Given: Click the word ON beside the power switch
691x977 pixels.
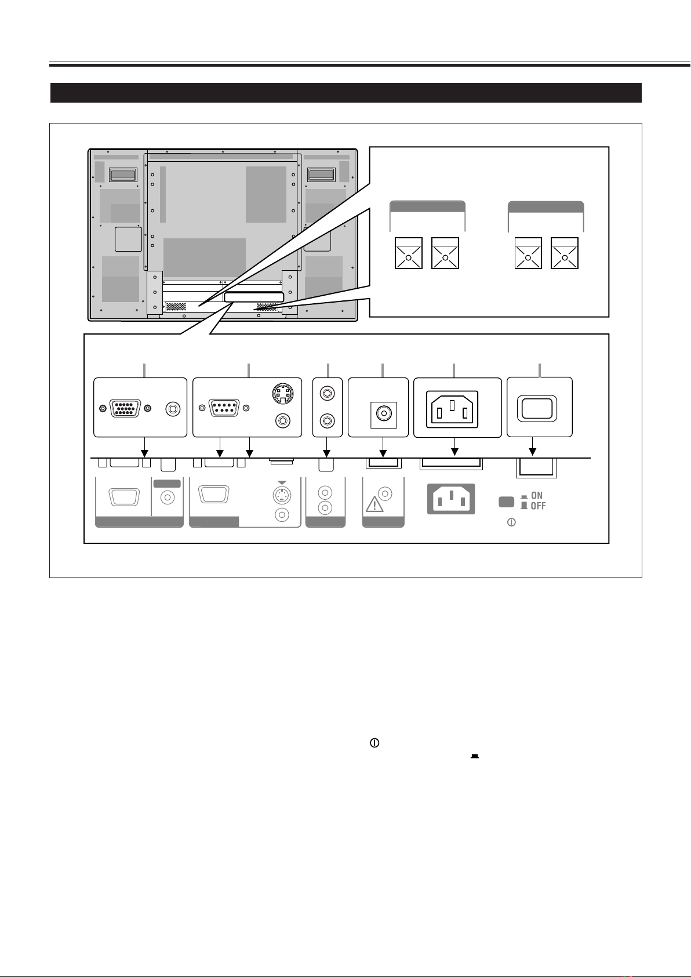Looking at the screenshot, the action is (x=537, y=496).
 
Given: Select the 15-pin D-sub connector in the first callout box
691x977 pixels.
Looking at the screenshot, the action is (x=125, y=408).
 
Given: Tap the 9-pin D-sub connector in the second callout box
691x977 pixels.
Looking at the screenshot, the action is (x=223, y=408).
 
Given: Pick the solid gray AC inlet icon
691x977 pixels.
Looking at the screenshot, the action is (x=451, y=499).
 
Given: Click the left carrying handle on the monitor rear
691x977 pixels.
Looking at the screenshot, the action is (x=123, y=174).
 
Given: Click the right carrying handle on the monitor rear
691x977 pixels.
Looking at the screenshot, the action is (x=321, y=174).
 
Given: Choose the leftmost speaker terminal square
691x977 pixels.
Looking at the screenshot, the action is (x=408, y=253).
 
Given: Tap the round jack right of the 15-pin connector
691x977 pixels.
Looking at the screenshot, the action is (x=172, y=408).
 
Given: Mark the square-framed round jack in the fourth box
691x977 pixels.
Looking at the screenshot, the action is (x=382, y=413).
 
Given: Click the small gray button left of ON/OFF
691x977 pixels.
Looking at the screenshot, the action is (x=505, y=502).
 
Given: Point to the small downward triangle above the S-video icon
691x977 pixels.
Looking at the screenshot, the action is (x=282, y=482).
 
